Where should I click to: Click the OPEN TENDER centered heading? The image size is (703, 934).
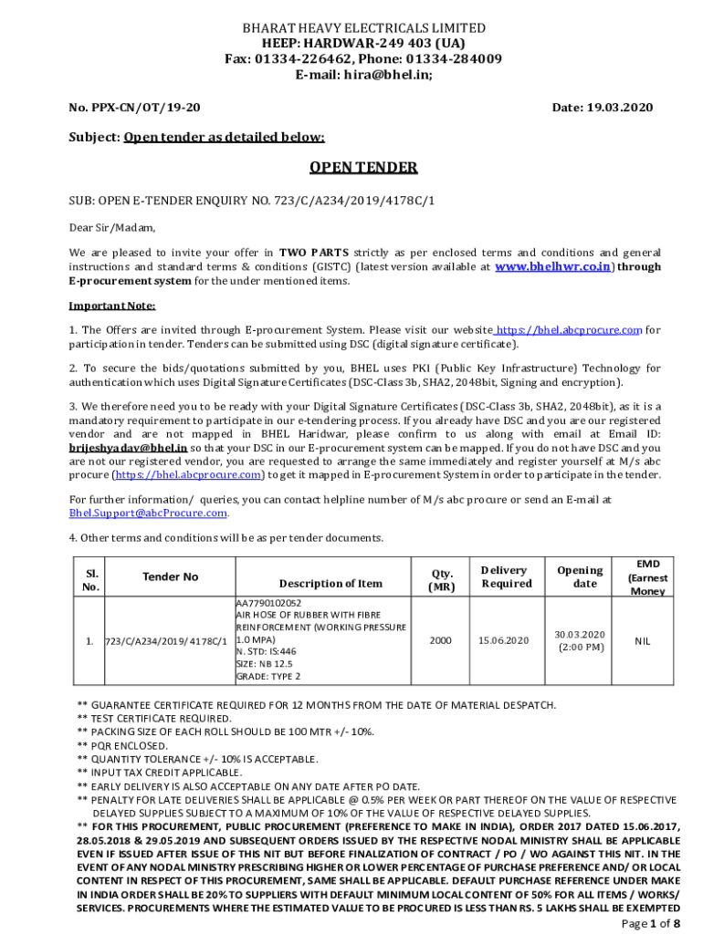coord(362,168)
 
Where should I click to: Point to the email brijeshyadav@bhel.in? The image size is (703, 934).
coord(128,448)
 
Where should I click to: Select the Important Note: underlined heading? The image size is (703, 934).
coord(112,306)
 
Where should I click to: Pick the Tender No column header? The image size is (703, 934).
coord(170,576)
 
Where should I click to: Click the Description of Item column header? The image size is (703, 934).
coord(331,584)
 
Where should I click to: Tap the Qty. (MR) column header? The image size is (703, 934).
coord(441,580)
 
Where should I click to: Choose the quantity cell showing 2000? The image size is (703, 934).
coord(441,641)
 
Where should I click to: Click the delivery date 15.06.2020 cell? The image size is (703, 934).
coord(503,641)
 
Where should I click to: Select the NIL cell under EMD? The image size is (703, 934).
coord(643,641)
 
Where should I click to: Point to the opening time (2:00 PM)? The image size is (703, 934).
coord(580,648)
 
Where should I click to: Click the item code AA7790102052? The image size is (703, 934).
coord(268,603)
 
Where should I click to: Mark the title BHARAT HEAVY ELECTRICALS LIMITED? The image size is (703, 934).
coord(363,28)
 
